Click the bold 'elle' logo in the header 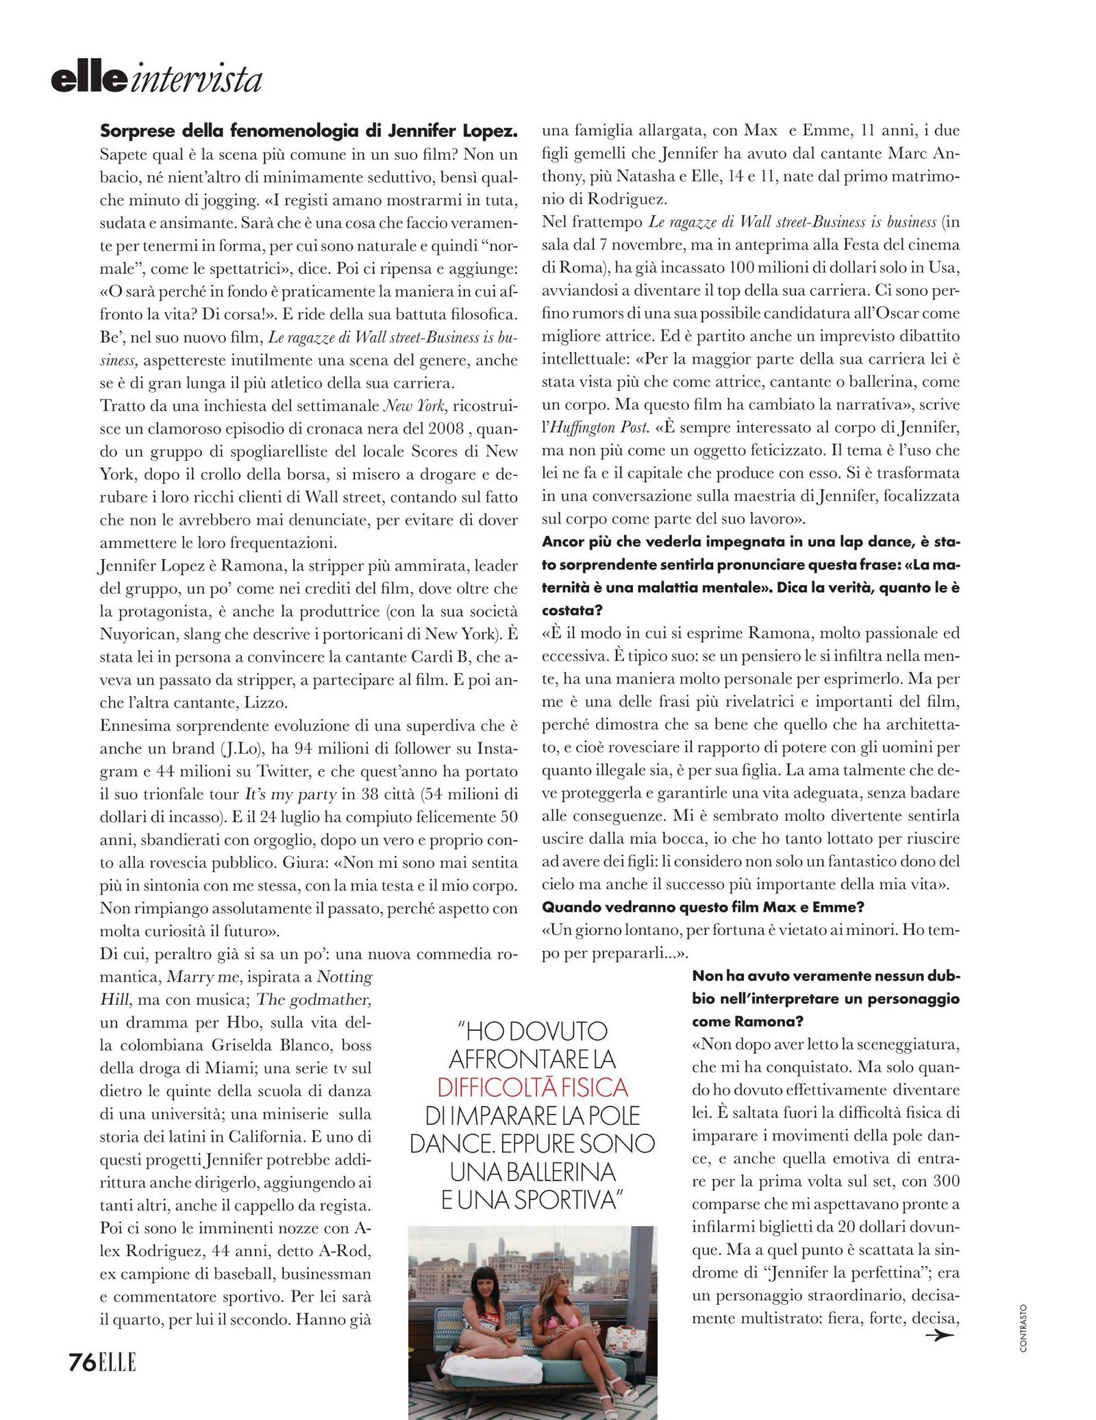click(x=89, y=80)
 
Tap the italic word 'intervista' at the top click(x=195, y=80)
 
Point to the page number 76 click(x=82, y=1343)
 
